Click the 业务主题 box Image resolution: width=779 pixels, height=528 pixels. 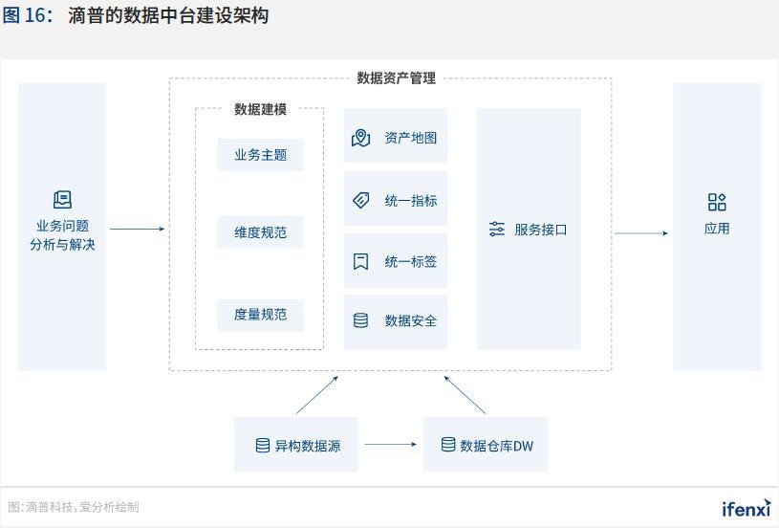tap(260, 155)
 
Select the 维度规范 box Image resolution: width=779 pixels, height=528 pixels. tap(260, 232)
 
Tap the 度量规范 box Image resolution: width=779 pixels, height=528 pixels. tap(260, 315)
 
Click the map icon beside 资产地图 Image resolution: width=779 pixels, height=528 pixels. tap(360, 138)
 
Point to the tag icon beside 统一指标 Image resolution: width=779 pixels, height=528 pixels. tap(360, 201)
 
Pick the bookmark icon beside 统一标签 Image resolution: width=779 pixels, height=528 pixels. tap(360, 261)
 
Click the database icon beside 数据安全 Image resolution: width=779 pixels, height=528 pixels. tap(360, 320)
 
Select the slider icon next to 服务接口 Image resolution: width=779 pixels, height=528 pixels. tap(496, 230)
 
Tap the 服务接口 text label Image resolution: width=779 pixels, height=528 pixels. tap(541, 230)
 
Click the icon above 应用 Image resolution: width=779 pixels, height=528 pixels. tap(717, 202)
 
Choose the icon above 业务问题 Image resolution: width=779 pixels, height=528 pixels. tap(62, 200)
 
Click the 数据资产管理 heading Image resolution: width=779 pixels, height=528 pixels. tap(396, 78)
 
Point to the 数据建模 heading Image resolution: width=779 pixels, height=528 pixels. tap(260, 109)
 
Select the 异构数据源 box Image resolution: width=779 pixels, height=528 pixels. tap(296, 445)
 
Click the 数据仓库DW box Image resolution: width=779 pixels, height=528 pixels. tap(486, 445)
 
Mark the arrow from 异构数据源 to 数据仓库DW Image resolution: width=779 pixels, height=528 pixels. tap(390, 445)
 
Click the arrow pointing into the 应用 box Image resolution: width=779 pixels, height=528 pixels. tap(640, 233)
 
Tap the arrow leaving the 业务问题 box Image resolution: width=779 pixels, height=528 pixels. tap(137, 229)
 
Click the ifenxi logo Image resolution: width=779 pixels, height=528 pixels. tap(746, 508)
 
